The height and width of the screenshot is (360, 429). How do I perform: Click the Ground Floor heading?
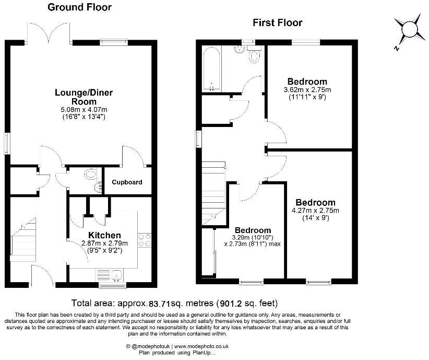[79, 7]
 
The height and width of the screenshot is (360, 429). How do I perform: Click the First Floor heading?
[278, 22]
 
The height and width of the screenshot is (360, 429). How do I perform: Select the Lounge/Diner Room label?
[84, 97]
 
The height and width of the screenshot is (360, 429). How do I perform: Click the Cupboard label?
[127, 182]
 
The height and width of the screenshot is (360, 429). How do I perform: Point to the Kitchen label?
[104, 235]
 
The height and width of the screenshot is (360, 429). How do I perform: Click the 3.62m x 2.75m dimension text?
[307, 90]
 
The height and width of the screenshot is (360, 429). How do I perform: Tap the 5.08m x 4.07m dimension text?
[84, 109]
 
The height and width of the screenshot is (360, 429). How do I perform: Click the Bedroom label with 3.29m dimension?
[253, 230]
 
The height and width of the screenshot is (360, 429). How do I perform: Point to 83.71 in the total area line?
[161, 303]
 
